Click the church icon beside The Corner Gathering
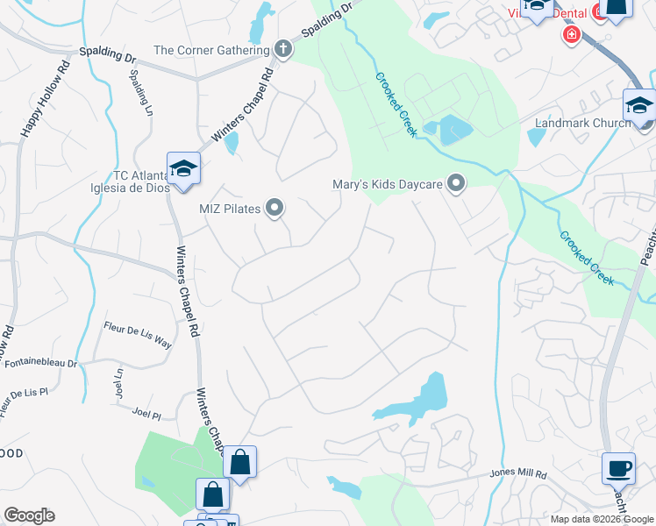point(283,50)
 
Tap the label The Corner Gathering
point(210,50)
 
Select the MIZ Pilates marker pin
point(275,208)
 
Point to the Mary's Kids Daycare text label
point(386,185)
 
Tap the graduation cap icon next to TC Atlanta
point(184,169)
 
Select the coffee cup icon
point(618,468)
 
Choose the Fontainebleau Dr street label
point(39,362)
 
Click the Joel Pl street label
point(146,411)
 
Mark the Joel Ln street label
point(118,382)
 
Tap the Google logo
point(29,515)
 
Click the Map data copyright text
point(601,519)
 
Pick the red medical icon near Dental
point(572,34)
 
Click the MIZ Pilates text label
point(230,209)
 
